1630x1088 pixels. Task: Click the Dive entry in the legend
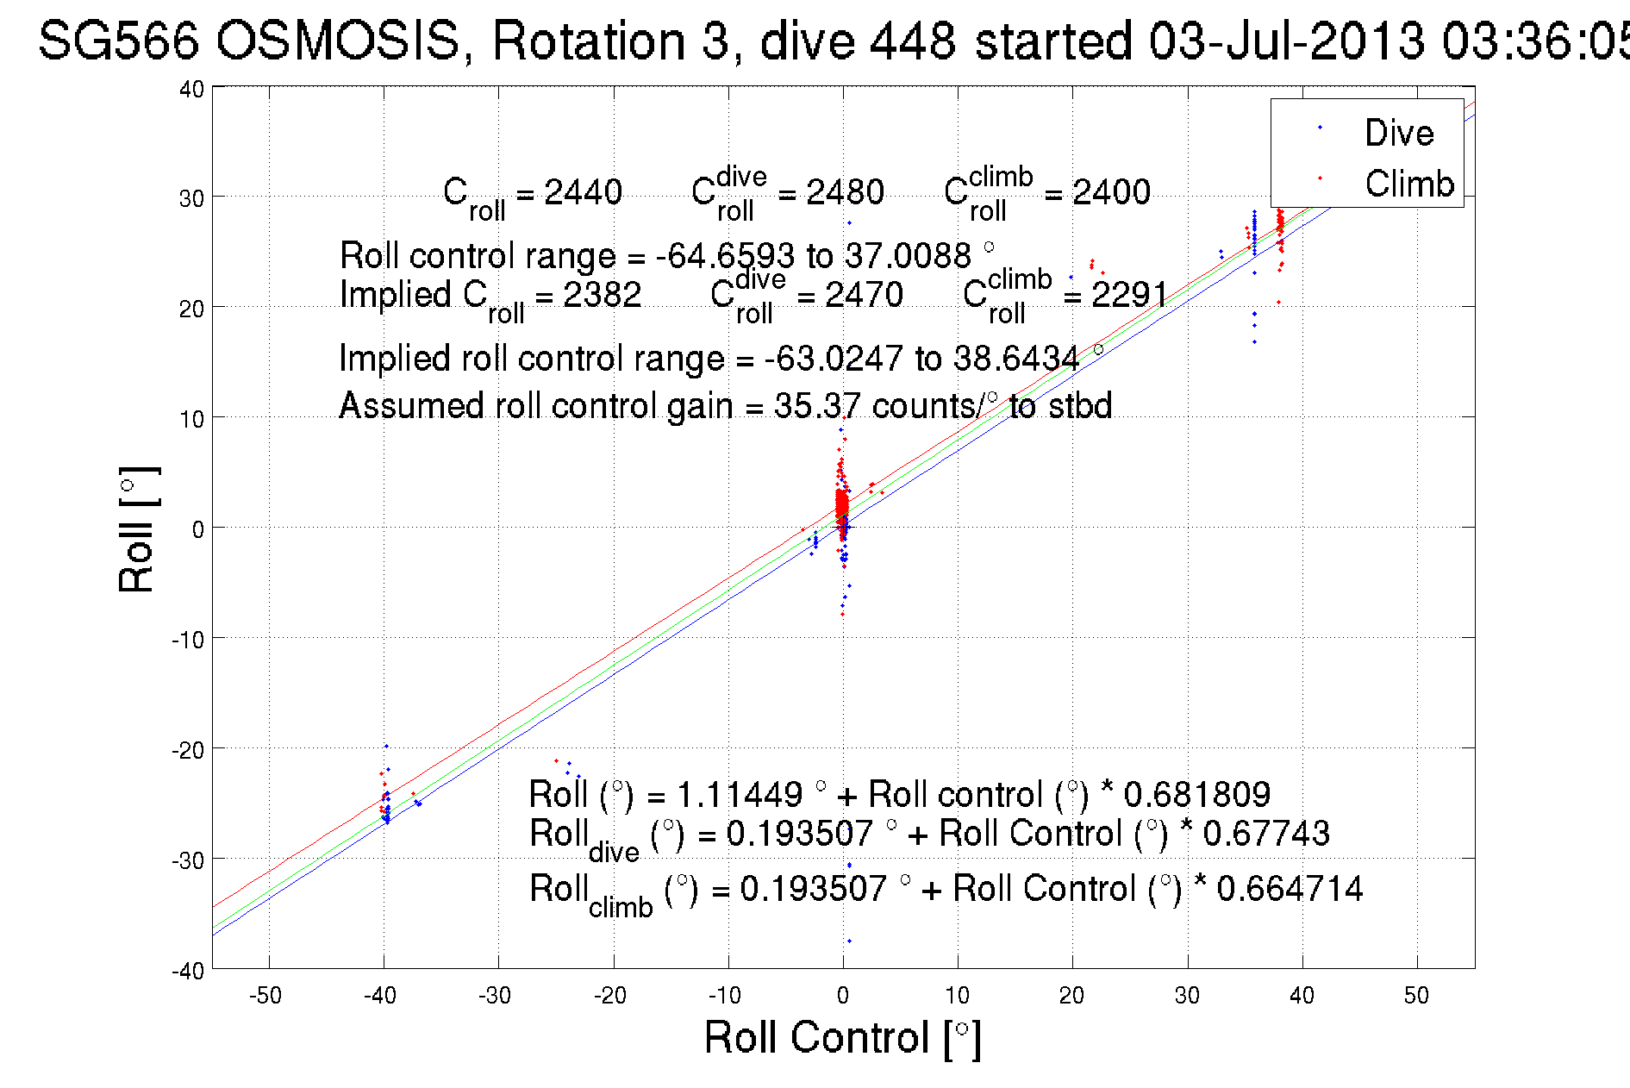click(x=1398, y=134)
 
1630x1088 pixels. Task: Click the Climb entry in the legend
click(x=1408, y=184)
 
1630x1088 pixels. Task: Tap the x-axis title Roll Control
click(x=842, y=1037)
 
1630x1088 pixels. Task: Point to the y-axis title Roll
click(x=138, y=529)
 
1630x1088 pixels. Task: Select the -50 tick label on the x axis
click(x=265, y=996)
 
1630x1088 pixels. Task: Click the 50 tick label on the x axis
click(x=1416, y=996)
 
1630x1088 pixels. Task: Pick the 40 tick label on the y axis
click(x=191, y=89)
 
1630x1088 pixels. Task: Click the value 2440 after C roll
click(x=583, y=192)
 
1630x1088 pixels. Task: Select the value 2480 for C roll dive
click(x=845, y=192)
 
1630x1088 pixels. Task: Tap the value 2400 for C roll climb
click(x=1111, y=192)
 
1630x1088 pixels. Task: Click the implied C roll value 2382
click(x=602, y=295)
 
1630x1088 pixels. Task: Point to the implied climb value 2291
click(x=1129, y=295)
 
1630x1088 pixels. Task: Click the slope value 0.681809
click(x=1196, y=794)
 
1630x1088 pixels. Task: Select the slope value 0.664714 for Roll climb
click(x=1290, y=889)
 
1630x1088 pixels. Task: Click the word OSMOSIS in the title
click(x=337, y=41)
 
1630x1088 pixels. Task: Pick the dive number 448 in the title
click(x=912, y=41)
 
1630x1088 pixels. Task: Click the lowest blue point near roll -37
click(x=849, y=941)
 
